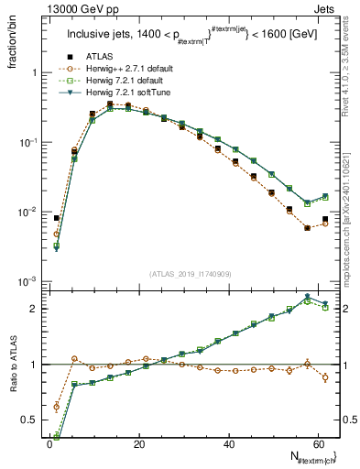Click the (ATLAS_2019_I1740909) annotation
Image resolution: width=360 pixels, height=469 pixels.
click(189, 273)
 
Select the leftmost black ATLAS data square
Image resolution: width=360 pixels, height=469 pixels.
click(57, 218)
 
